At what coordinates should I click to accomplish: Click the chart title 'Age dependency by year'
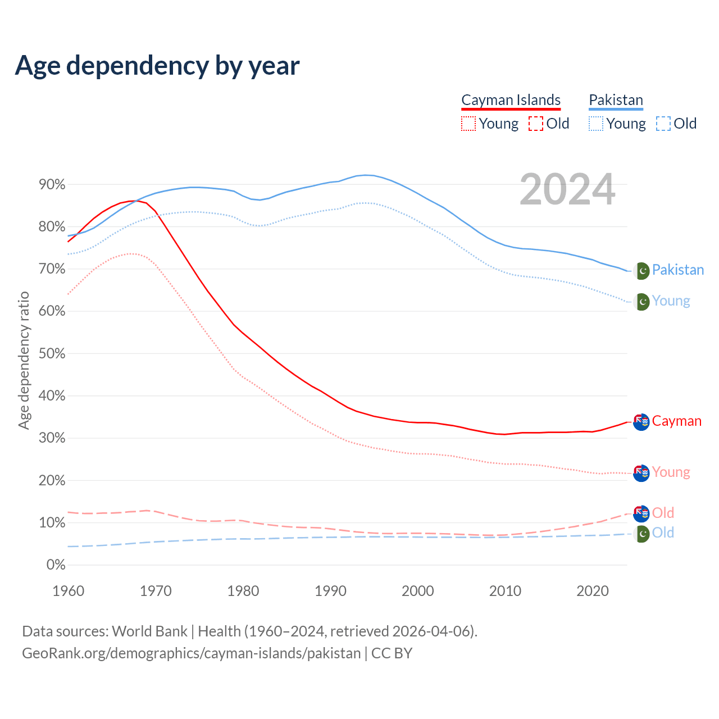pyautogui.click(x=157, y=66)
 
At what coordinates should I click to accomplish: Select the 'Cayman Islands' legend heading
pyautogui.click(x=511, y=100)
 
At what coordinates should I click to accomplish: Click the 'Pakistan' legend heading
pyautogui.click(x=616, y=100)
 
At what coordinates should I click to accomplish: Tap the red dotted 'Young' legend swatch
pyautogui.click(x=468, y=124)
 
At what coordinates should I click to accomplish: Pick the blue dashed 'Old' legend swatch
pyautogui.click(x=663, y=124)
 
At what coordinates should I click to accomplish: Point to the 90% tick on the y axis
pyautogui.click(x=52, y=185)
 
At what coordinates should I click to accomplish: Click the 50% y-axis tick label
pyautogui.click(x=52, y=354)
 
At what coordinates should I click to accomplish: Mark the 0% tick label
pyautogui.click(x=56, y=565)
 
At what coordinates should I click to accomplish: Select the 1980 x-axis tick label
pyautogui.click(x=243, y=591)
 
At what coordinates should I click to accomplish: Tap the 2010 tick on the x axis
pyautogui.click(x=505, y=591)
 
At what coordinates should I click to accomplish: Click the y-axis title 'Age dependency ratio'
pyautogui.click(x=24, y=360)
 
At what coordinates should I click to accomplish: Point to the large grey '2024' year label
pyautogui.click(x=567, y=190)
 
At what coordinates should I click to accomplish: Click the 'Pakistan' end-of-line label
pyautogui.click(x=678, y=270)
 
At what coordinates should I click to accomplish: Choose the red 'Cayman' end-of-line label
pyautogui.click(x=677, y=421)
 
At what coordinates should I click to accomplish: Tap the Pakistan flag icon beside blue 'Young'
pyautogui.click(x=641, y=302)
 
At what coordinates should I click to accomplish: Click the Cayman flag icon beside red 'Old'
pyautogui.click(x=641, y=513)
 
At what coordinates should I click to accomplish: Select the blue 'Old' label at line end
pyautogui.click(x=663, y=533)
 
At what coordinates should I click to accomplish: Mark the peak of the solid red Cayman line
pyautogui.click(x=133, y=201)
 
